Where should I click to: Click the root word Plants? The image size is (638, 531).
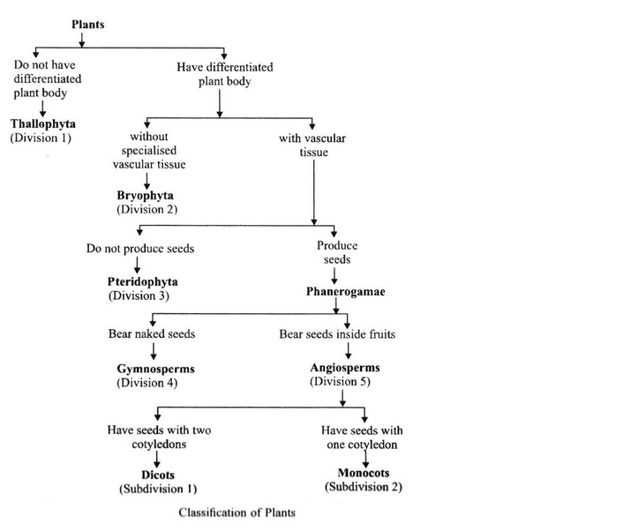(87, 25)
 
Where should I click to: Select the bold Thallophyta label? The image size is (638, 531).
(43, 124)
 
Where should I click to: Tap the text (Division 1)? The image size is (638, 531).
(41, 138)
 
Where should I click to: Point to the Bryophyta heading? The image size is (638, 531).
(146, 195)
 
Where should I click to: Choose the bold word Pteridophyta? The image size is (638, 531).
(142, 281)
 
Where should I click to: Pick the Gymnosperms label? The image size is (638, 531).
(155, 369)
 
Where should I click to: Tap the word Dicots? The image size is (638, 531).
(156, 474)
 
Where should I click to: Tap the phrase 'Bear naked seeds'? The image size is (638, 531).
(150, 334)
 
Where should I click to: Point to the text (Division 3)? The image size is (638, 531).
(139, 295)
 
